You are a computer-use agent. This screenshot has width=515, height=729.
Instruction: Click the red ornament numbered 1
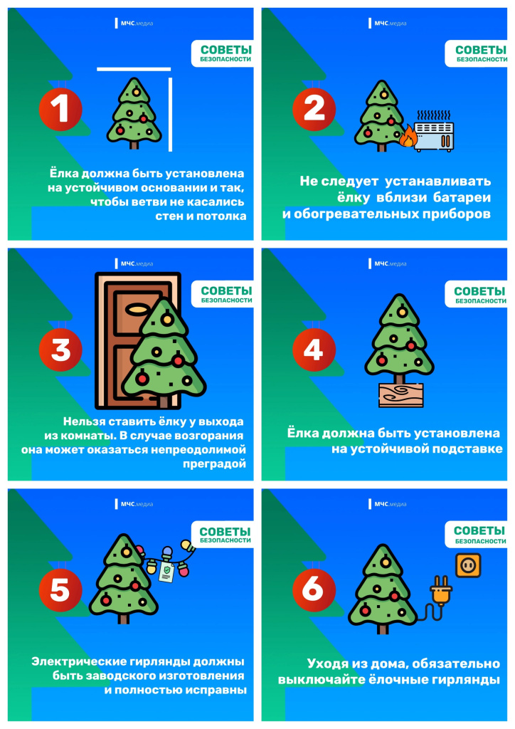[60, 109]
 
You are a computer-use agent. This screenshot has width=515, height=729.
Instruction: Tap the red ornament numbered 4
[314, 350]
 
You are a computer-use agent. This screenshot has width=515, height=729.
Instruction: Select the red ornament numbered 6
[314, 590]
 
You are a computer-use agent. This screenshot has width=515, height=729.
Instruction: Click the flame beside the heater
[408, 136]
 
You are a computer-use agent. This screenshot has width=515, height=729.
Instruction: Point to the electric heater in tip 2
[434, 132]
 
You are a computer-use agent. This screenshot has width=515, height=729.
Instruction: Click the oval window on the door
[138, 308]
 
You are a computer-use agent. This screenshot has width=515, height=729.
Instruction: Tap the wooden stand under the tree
[400, 394]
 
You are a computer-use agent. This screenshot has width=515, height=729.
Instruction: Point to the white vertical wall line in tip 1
[171, 115]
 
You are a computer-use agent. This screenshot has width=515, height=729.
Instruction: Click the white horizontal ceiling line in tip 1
[134, 69]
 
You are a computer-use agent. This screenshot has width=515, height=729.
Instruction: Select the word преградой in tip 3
[214, 464]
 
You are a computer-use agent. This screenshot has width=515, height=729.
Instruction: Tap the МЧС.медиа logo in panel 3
[134, 263]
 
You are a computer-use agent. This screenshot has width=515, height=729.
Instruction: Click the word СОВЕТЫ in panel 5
[225, 531]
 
